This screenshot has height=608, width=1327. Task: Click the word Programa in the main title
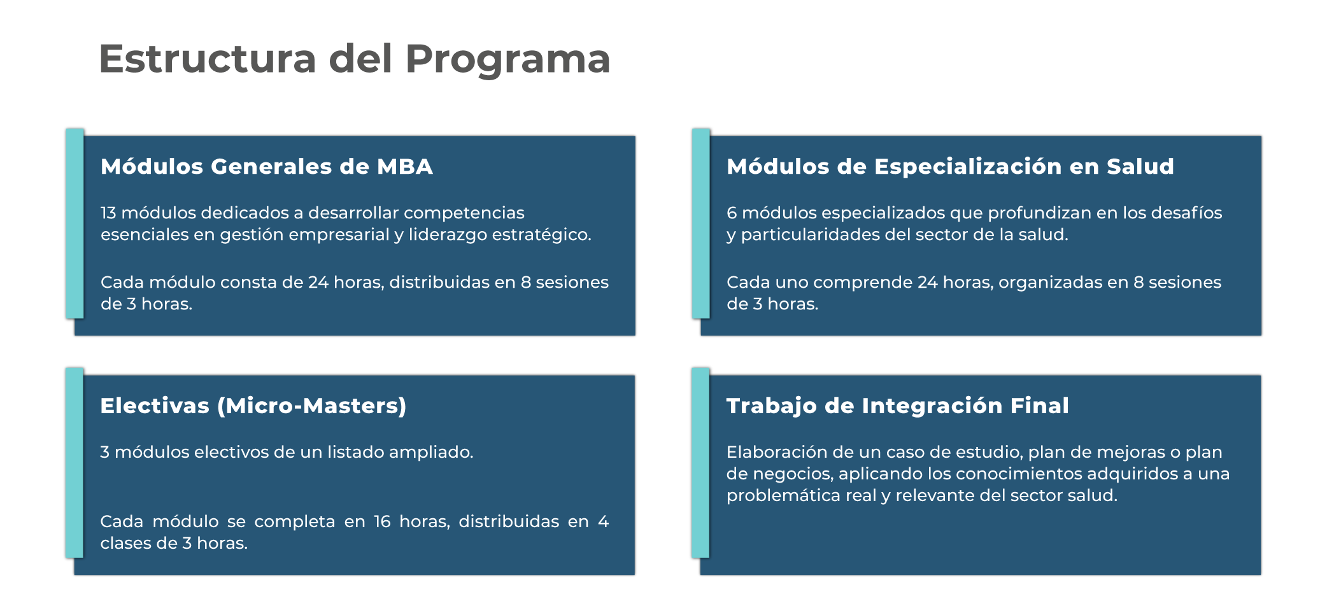[507, 59]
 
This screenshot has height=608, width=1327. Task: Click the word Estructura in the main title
[207, 59]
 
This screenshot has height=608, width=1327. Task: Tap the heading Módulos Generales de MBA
[266, 167]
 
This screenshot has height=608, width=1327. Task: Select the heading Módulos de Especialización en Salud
[950, 167]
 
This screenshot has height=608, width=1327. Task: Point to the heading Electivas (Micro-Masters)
[253, 406]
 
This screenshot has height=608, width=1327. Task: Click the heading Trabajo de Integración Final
[897, 406]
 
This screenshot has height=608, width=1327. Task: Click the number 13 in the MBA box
[108, 213]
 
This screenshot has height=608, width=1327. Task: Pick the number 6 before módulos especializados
[732, 213]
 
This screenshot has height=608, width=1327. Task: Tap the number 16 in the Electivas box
[382, 522]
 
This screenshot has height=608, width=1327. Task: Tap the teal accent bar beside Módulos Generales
[75, 223]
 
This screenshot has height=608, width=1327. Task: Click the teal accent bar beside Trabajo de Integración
[700, 462]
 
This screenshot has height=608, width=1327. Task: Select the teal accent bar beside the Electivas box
[75, 462]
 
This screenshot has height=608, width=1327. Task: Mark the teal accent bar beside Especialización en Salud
[700, 223]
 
